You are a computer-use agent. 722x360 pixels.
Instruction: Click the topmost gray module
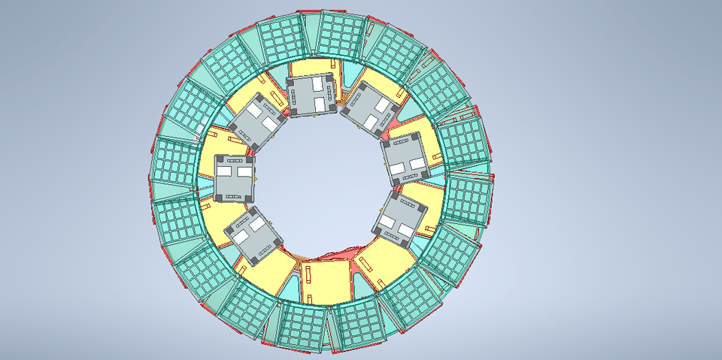(311, 96)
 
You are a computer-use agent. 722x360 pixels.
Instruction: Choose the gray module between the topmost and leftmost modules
(257, 120)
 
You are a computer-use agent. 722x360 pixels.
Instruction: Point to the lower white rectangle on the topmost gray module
(319, 103)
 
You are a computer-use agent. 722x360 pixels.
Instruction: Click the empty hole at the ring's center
(320, 180)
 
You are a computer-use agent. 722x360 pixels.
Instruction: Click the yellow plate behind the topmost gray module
(308, 68)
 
